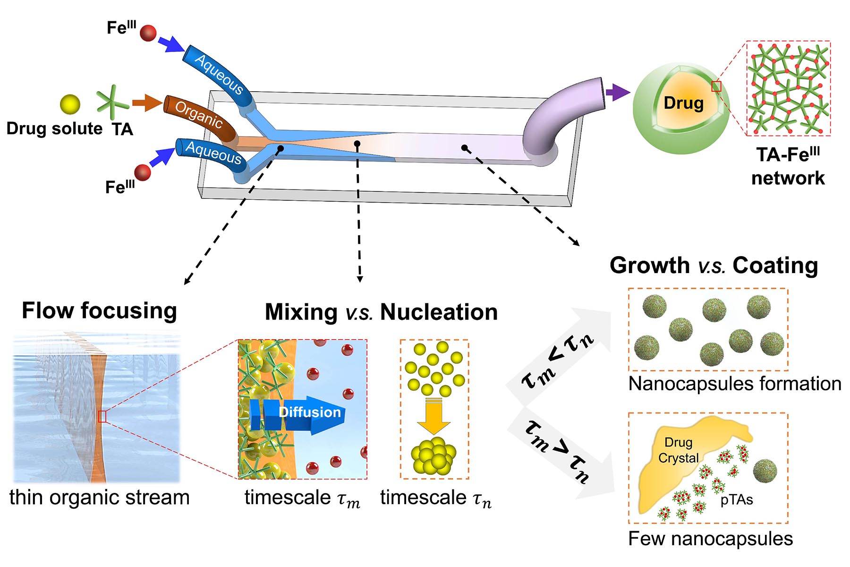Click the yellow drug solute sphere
(70, 104)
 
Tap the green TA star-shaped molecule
(112, 102)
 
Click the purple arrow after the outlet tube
(617, 92)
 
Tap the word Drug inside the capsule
(683, 103)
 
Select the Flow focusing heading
(99, 311)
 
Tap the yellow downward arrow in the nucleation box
(433, 416)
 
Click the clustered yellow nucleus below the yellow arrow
(433, 455)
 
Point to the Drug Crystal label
(678, 450)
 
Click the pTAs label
(737, 500)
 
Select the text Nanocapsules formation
(734, 384)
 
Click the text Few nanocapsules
(710, 539)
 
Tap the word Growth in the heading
(649, 266)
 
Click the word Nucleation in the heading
(439, 312)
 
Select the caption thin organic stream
(99, 498)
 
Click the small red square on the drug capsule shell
(716, 86)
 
